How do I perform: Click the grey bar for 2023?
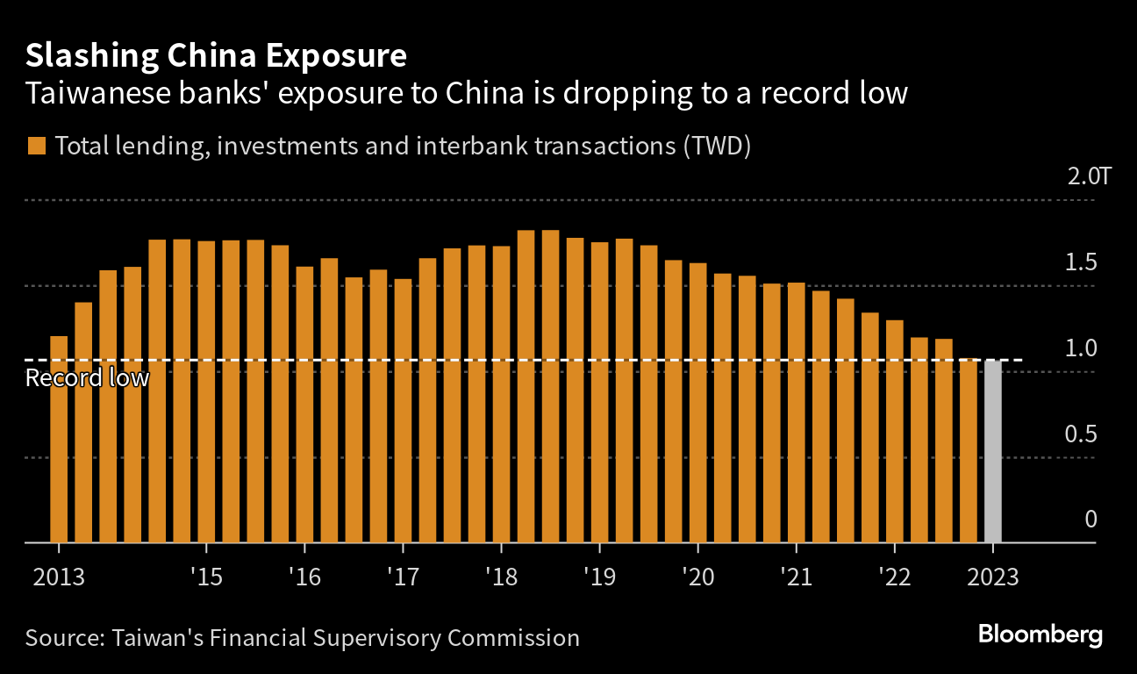[x=992, y=451]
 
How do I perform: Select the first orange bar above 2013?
[x=59, y=439]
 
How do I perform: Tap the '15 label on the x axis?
[x=206, y=578]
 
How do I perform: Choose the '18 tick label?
[x=501, y=578]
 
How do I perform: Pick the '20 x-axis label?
[x=697, y=578]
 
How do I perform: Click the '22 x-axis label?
[x=894, y=578]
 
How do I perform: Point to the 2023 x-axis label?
[x=992, y=578]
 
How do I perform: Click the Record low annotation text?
[x=87, y=379]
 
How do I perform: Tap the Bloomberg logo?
[x=1040, y=635]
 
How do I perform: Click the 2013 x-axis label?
[x=59, y=578]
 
